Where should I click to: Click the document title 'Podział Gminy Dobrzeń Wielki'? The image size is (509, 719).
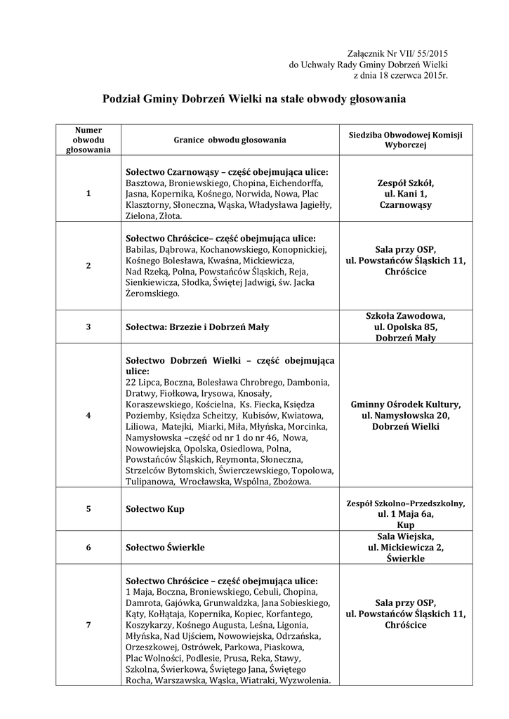[254, 100]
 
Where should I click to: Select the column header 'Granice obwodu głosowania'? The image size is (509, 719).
[230, 140]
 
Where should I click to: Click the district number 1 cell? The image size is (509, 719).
[88, 193]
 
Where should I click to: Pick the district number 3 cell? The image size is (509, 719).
[88, 326]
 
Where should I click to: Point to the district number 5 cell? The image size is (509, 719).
[88, 508]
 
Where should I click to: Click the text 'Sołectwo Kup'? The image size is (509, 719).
[154, 508]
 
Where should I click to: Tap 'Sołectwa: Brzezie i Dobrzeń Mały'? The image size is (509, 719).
[197, 326]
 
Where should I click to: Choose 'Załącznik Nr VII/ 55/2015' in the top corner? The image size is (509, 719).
[397, 53]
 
